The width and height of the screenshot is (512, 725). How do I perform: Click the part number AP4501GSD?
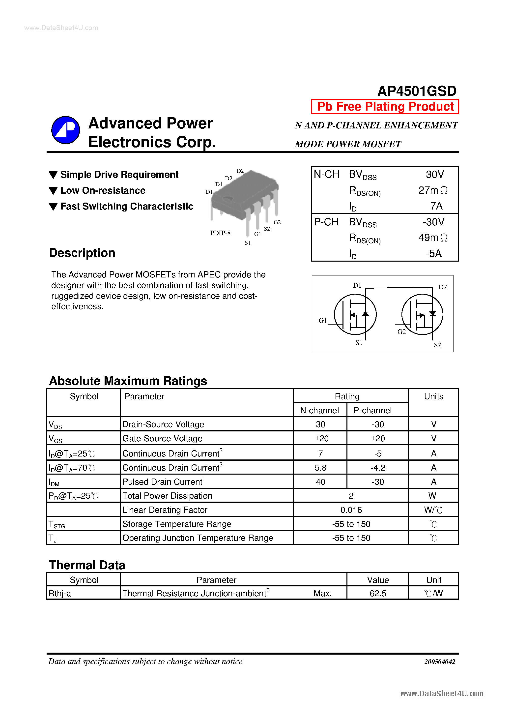[417, 91]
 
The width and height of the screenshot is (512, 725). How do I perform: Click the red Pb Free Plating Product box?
[385, 106]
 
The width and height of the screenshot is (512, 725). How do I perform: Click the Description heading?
[82, 253]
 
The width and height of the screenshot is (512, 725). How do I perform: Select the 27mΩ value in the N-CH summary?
[432, 190]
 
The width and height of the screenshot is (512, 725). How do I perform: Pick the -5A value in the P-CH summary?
[433, 253]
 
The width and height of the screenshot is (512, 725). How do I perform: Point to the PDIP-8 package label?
[220, 233]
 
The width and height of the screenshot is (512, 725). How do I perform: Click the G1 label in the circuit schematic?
[322, 321]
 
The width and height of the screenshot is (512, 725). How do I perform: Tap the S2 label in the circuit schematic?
[437, 345]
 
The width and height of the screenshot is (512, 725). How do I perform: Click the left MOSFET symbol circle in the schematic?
[355, 314]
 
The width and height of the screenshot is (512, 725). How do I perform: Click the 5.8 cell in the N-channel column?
[320, 468]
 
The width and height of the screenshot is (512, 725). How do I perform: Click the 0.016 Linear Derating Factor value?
[351, 510]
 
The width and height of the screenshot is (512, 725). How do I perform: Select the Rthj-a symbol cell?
[60, 594]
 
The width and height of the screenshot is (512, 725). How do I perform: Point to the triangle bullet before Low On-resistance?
[53, 191]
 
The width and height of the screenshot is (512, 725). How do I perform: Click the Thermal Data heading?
[87, 565]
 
